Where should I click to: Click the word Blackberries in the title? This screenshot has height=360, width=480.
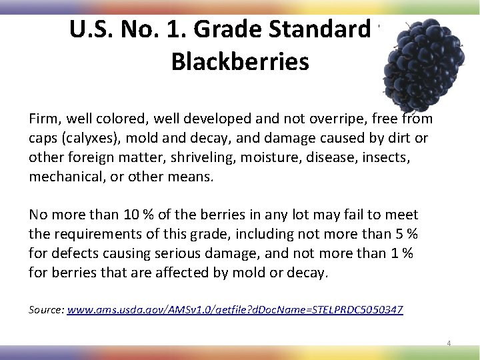[x=240, y=61]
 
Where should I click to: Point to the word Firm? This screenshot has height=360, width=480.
[x=43, y=119]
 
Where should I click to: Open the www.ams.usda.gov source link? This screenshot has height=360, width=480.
[x=235, y=310]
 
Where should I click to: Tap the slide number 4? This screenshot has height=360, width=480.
[x=449, y=343]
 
